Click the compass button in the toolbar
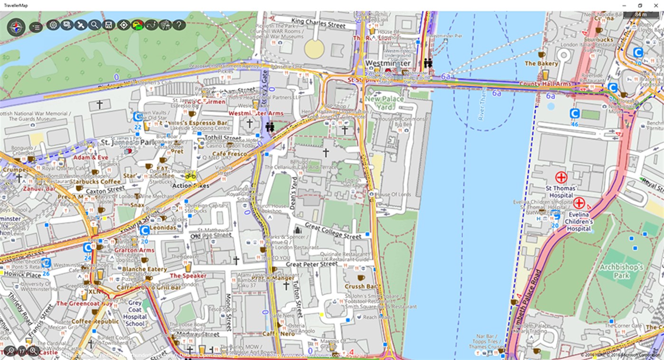pyautogui.click(x=16, y=27)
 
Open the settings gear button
pyautogui.click(x=53, y=25)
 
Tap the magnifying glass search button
pyautogui.click(x=94, y=25)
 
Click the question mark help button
pyautogui.click(x=178, y=25)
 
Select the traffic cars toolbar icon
pyautogui.click(x=137, y=25)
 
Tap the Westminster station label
pyautogui.click(x=388, y=63)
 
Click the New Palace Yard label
pyautogui.click(x=384, y=103)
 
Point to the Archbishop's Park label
pyautogui.click(x=621, y=271)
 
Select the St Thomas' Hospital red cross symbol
pyautogui.click(x=561, y=178)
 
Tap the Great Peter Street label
pyautogui.click(x=312, y=264)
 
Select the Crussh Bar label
pyautogui.click(x=361, y=286)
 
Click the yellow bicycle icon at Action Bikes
pyautogui.click(x=191, y=176)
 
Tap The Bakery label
pyautogui.click(x=541, y=63)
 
